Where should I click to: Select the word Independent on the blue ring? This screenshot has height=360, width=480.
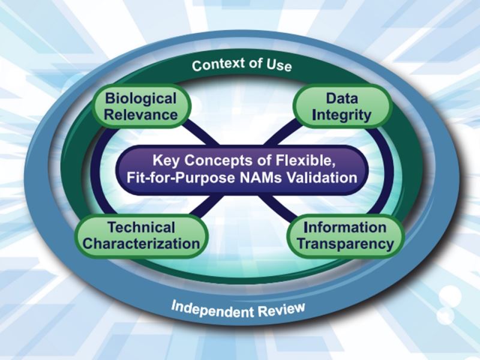click(x=213, y=309)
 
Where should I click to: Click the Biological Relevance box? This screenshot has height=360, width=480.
click(x=141, y=106)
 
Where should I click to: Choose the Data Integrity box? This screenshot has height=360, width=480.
click(x=342, y=106)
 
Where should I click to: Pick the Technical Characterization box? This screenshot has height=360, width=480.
click(x=141, y=236)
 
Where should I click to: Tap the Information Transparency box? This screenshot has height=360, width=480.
click(x=346, y=236)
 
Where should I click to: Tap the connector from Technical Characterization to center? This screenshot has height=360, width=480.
click(x=205, y=205)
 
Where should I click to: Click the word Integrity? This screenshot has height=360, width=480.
click(x=342, y=115)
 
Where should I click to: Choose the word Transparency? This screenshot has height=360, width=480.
click(x=346, y=244)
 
